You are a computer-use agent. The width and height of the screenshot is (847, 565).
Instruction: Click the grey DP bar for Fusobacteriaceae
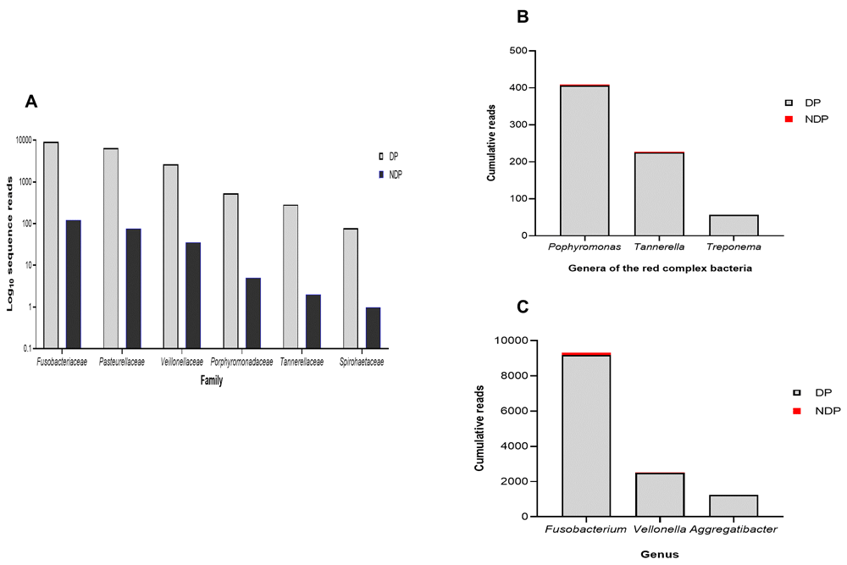point(51,245)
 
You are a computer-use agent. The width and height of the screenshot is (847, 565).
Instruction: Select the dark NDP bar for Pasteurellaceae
point(133,288)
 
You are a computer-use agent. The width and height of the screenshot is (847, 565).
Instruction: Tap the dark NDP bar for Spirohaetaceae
point(374,327)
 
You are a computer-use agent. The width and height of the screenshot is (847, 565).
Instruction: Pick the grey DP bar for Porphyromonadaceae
point(230,270)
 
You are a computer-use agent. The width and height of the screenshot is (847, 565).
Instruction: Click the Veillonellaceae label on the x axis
point(181,362)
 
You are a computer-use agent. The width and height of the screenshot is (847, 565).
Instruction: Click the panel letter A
point(30,102)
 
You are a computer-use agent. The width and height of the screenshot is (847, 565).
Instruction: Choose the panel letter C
point(523,305)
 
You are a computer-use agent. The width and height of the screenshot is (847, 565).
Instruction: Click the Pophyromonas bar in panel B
point(584,161)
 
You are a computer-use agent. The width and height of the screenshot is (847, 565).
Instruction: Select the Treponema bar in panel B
point(734,225)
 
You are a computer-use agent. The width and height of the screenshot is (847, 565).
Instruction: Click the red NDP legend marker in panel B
point(789,119)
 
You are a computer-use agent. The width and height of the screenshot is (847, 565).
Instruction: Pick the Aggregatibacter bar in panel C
point(734,506)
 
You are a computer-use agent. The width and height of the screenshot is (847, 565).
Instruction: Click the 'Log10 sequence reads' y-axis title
point(11,244)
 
